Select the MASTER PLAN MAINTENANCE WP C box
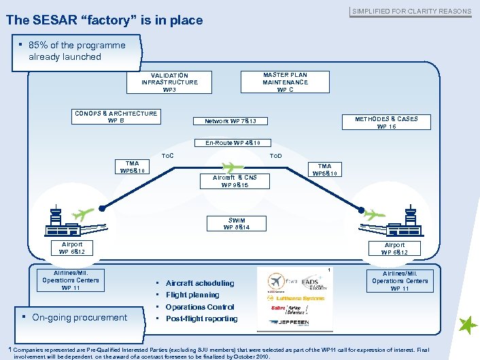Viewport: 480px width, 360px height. [x=285, y=82]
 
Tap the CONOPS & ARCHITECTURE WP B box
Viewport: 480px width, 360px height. [x=116, y=117]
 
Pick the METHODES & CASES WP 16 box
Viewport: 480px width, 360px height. [x=386, y=122]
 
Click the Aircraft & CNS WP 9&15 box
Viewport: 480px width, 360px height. [x=235, y=181]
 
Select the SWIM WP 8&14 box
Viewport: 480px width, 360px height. [x=237, y=223]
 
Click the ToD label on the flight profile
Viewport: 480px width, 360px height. [x=276, y=156]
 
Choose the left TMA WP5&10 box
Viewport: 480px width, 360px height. [x=132, y=167]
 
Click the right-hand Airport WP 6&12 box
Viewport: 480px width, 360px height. [x=394, y=248]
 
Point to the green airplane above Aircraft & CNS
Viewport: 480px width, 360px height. [x=233, y=166]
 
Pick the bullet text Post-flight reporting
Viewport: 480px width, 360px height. [x=201, y=318]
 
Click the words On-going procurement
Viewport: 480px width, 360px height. [x=80, y=317]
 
